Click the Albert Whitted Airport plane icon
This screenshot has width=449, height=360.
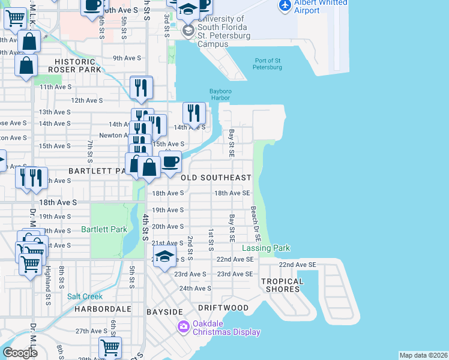click(x=285, y=5)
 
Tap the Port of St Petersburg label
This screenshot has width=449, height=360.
click(x=268, y=64)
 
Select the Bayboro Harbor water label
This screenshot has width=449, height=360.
click(x=220, y=95)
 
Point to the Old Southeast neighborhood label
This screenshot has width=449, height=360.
click(x=216, y=178)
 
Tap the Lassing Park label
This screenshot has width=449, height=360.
click(x=266, y=248)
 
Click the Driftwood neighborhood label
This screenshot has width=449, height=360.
click(x=223, y=308)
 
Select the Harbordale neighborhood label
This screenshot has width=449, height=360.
click(x=103, y=309)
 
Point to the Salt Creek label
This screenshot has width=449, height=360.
click(x=85, y=296)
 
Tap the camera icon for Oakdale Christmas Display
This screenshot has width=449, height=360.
click(x=183, y=327)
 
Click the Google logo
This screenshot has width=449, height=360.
click(x=20, y=353)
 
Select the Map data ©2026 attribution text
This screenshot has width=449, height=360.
click(x=423, y=355)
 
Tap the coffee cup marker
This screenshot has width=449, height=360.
click(x=170, y=161)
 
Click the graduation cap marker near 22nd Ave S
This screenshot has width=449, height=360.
click(x=164, y=256)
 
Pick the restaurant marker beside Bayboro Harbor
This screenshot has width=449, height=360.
click(x=194, y=112)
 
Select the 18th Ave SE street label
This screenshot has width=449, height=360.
click(x=232, y=193)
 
